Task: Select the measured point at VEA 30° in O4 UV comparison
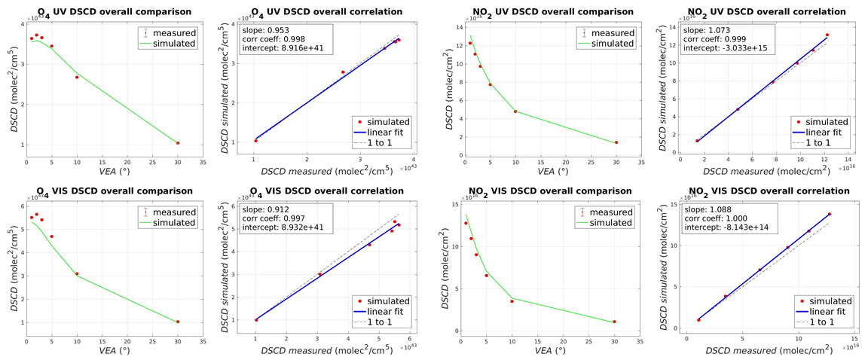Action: pyautogui.click(x=178, y=143)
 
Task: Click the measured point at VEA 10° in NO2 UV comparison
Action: pyautogui.click(x=515, y=111)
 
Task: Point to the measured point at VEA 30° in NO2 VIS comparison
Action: pyautogui.click(x=615, y=322)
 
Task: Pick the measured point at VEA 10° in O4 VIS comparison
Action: pyautogui.click(x=77, y=273)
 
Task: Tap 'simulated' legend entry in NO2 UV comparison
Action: pyautogui.click(x=611, y=43)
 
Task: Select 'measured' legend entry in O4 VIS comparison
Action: pyautogui.click(x=174, y=212)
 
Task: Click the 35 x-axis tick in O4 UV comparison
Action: pyautogui.click(x=203, y=161)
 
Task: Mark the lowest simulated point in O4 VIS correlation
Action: pyautogui.click(x=255, y=320)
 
